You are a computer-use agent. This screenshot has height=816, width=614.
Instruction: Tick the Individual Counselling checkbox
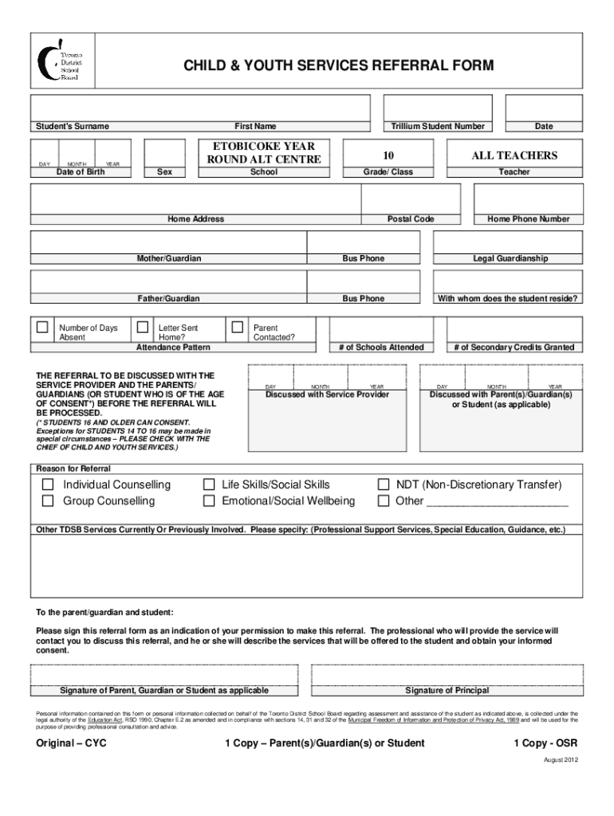(x=48, y=484)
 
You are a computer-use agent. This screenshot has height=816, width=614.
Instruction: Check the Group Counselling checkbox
(x=48, y=501)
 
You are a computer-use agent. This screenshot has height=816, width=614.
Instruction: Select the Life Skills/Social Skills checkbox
(x=209, y=484)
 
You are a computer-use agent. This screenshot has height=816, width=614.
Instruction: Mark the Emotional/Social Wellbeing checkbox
(x=209, y=501)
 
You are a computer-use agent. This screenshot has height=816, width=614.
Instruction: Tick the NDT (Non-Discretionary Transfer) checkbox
(x=383, y=484)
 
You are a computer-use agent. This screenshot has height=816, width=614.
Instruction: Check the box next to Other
(x=383, y=501)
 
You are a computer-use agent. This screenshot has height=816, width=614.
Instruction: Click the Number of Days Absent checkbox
(x=42, y=327)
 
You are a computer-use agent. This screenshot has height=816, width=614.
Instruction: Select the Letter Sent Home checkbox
(x=143, y=327)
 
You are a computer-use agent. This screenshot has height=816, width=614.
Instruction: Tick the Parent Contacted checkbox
(x=237, y=327)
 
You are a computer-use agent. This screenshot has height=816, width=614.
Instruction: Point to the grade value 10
(x=388, y=155)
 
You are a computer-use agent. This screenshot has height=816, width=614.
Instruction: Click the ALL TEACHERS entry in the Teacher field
(x=514, y=155)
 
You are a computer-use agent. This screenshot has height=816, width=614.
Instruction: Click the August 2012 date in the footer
(x=561, y=760)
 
